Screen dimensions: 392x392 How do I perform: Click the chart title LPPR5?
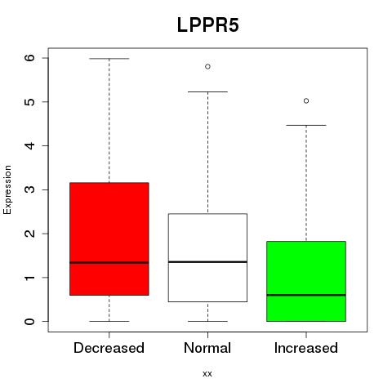point(208,25)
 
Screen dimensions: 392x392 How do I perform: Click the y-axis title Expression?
point(7,189)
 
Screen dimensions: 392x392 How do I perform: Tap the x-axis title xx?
point(207,374)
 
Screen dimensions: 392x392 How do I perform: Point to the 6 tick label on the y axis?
point(30,58)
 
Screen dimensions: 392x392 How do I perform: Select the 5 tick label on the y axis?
point(30,102)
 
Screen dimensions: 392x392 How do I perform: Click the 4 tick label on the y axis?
point(30,145)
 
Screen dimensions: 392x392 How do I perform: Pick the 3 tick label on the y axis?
point(30,189)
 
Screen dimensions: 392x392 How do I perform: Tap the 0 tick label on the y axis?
point(30,321)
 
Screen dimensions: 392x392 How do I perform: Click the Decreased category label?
point(109,348)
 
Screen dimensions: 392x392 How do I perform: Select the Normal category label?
point(207,348)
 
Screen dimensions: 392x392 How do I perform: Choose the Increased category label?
point(306,348)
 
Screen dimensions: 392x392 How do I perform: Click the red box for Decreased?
point(109,238)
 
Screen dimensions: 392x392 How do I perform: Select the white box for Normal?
point(207,257)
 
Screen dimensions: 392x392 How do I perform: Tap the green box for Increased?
point(306,281)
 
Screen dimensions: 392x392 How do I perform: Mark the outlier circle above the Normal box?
point(207,66)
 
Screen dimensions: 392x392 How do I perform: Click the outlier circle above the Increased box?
point(306,101)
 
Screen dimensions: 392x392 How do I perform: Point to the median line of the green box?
point(306,295)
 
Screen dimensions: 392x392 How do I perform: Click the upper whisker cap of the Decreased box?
point(109,59)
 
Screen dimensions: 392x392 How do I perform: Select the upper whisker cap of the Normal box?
point(207,92)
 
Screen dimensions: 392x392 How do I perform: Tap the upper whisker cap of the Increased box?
point(306,125)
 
